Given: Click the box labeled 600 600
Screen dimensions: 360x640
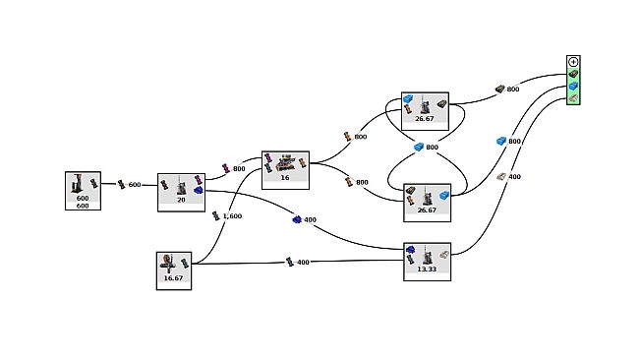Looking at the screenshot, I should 83,191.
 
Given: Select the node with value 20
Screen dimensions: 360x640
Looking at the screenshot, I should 181,192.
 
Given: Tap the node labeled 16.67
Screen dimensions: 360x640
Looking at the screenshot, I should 173,270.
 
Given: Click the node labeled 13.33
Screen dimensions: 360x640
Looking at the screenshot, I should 427,262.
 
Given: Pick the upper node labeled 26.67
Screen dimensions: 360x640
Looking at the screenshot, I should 425,112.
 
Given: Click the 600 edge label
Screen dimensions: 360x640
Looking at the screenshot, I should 135,184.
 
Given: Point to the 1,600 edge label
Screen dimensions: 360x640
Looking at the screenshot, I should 232,215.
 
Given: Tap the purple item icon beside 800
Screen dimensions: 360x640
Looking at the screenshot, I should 225,168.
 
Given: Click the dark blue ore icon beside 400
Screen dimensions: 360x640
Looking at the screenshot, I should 297,219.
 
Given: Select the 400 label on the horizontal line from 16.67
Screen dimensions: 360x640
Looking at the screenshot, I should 303,262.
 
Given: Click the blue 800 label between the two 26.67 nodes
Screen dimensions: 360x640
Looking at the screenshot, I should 431,148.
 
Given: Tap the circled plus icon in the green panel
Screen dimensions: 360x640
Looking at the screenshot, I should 573,62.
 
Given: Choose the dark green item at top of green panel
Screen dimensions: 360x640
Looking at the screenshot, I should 573,74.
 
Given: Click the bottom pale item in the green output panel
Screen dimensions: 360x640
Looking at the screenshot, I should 573,98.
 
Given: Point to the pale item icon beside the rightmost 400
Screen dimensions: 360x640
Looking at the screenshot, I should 500,176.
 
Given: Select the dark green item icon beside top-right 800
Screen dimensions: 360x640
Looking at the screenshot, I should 499,89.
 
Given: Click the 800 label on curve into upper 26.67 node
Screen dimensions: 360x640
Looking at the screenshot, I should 360,137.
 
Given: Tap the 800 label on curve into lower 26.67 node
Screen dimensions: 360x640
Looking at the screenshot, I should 361,182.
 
